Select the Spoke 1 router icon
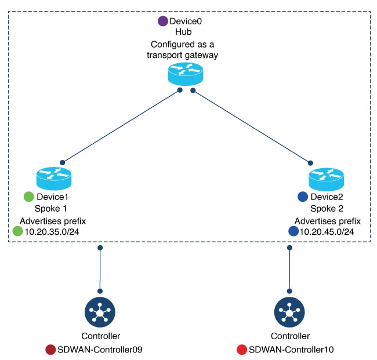53,177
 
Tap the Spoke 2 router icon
326,177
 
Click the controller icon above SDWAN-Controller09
100,314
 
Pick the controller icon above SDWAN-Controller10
289,314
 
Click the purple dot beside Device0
163,21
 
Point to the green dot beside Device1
28,197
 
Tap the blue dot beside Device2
302,197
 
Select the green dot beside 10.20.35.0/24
18,231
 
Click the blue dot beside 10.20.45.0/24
293,231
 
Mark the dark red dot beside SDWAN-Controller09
50,350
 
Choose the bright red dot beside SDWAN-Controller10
242,350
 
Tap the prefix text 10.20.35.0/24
52,232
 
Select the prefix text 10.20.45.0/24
327,232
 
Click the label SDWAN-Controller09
100,350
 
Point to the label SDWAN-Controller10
291,350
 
